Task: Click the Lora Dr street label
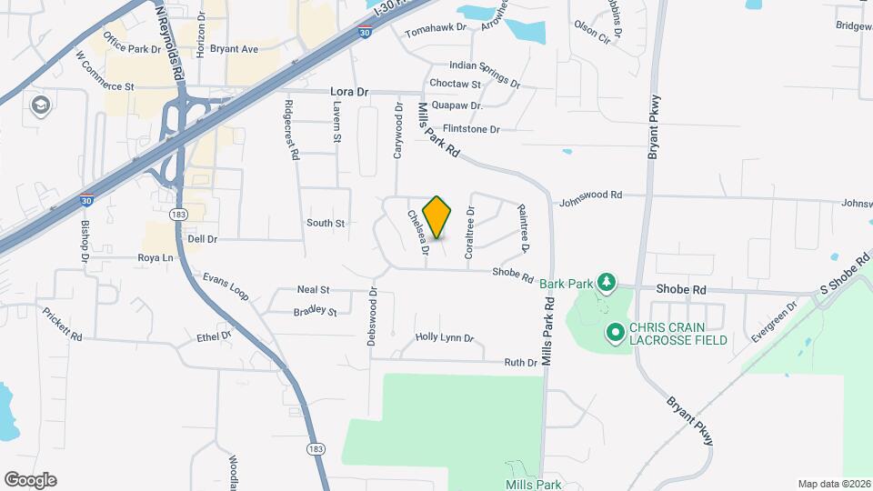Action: (349, 93)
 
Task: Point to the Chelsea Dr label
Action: (417, 233)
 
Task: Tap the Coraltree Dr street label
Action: (470, 233)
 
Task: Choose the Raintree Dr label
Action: (524, 228)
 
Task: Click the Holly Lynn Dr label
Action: (445, 338)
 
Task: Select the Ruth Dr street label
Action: (521, 362)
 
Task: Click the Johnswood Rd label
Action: (590, 195)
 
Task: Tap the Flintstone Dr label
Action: (471, 130)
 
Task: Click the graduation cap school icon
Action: (40, 105)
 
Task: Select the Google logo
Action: (30, 480)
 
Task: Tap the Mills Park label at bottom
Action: (534, 486)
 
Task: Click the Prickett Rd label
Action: (62, 324)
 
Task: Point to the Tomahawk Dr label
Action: (435, 29)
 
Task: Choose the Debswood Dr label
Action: (372, 317)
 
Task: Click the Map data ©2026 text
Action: (833, 484)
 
